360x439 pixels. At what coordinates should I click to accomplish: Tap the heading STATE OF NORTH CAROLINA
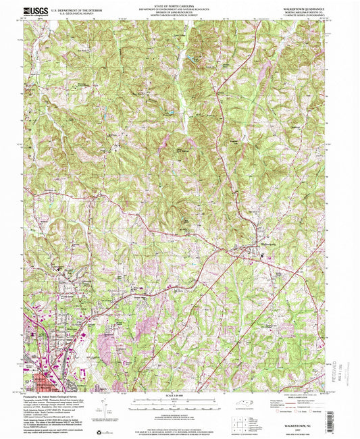[x=180, y=5]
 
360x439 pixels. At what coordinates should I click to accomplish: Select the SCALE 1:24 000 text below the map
[x=179, y=396]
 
